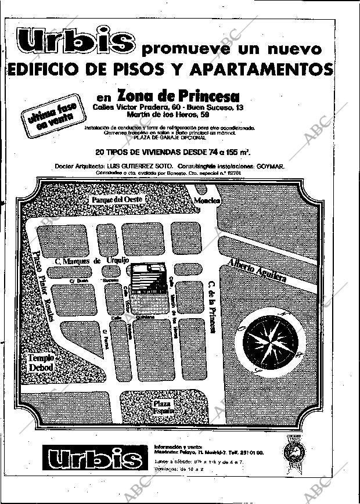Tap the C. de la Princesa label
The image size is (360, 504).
pos(212,307)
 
